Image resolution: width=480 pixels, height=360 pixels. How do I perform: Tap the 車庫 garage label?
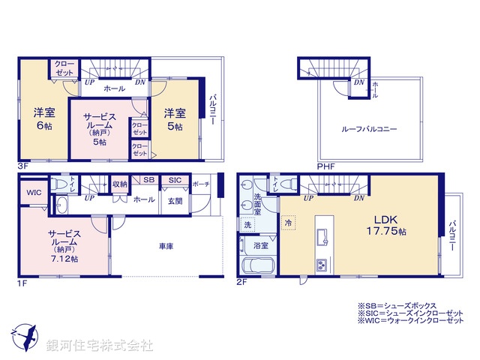[166, 245]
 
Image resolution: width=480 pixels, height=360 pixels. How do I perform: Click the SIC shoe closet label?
[174, 181]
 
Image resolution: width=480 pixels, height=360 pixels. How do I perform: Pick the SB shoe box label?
[148, 181]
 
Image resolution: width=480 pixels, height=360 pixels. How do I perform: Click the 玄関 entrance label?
[174, 199]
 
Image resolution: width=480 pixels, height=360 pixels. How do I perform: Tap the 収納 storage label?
[121, 184]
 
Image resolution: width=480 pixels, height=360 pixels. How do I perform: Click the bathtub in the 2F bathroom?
[258, 266]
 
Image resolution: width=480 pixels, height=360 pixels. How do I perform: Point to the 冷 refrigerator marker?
[287, 223]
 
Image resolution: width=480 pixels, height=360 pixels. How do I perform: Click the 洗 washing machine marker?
[247, 224]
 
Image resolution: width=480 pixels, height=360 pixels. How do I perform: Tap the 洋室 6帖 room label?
[43, 120]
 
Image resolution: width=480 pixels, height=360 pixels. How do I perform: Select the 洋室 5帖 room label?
[175, 120]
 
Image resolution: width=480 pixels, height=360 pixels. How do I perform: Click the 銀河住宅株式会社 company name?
[99, 346]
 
